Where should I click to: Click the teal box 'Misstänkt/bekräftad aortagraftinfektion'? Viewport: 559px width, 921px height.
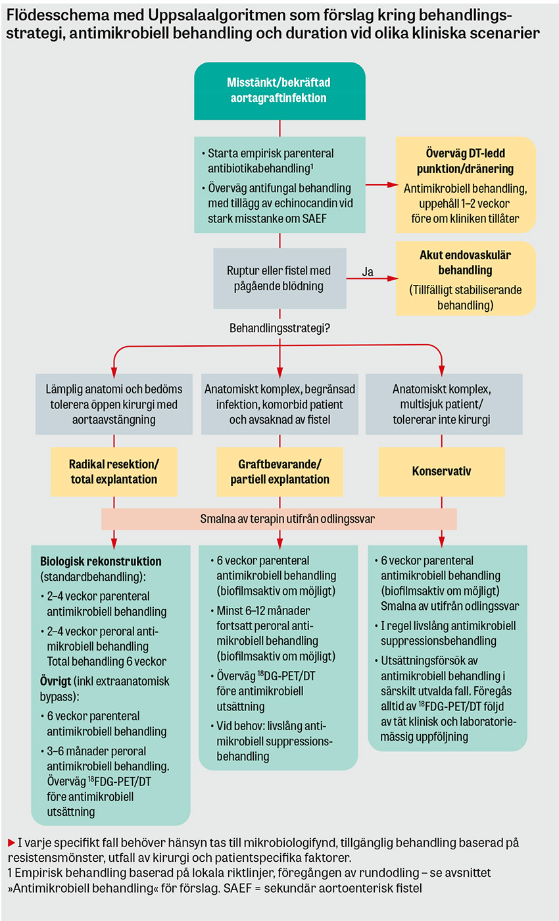click(x=279, y=91)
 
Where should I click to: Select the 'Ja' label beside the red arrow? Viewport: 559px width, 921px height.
click(x=368, y=272)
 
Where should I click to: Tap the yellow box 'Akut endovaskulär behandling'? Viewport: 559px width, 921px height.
click(x=466, y=278)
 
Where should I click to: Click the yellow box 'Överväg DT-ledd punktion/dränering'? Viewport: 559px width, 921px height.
click(x=466, y=185)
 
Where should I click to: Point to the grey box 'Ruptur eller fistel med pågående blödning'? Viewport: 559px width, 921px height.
click(x=279, y=278)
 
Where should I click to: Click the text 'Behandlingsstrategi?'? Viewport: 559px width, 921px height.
click(x=279, y=328)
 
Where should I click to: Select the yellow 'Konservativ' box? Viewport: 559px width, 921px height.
click(x=441, y=472)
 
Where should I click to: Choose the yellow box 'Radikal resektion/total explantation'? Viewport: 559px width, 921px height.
click(x=114, y=472)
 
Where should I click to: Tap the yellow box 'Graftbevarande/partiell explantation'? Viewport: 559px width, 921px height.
click(x=279, y=472)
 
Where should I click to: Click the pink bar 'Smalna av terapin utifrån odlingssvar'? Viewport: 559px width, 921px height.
click(x=279, y=519)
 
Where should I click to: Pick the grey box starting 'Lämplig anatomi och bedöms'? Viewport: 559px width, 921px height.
click(x=114, y=404)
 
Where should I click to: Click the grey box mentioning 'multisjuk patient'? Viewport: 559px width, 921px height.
click(x=444, y=404)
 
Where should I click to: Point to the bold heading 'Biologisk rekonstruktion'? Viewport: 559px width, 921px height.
click(x=101, y=561)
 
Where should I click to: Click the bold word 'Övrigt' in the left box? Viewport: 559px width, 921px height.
click(x=55, y=682)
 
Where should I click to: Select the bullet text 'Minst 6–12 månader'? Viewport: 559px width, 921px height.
click(x=264, y=610)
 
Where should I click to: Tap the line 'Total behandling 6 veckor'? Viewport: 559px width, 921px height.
click(x=107, y=661)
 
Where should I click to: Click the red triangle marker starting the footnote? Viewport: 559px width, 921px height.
click(x=12, y=843)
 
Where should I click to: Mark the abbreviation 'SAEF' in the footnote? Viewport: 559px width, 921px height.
click(x=237, y=889)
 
